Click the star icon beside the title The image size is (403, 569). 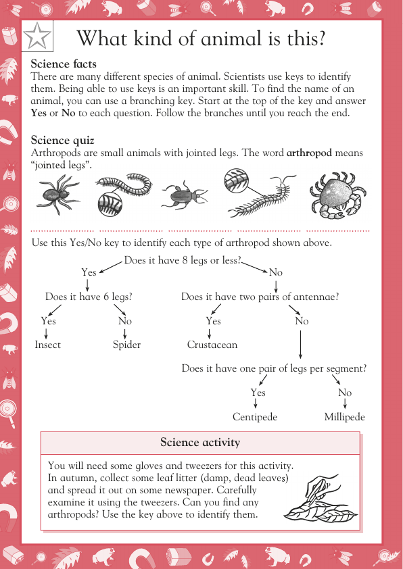tap(37, 38)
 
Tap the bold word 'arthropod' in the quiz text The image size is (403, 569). tap(309, 153)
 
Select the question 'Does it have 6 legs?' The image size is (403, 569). tap(89, 297)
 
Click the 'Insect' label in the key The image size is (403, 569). tap(48, 345)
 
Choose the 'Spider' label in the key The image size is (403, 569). tap(126, 345)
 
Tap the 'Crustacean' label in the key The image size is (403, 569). tap(212, 345)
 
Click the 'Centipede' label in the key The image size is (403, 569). tap(255, 417)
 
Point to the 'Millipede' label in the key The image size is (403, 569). tap(344, 417)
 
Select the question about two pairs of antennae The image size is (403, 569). tap(260, 297)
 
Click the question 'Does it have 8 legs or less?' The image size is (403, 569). tap(183, 260)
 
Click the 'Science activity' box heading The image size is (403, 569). tap(200, 443)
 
